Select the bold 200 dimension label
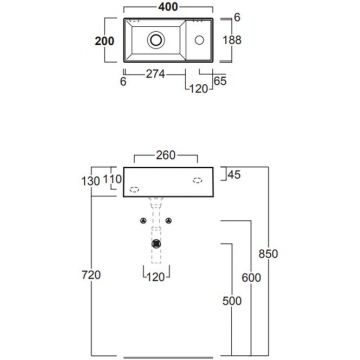pyautogui.click(x=104, y=41)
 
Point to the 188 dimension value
pyautogui.click(x=232, y=40)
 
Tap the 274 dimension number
pyautogui.click(x=155, y=74)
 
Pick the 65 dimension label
pyautogui.click(x=221, y=81)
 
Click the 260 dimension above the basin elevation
pyautogui.click(x=166, y=155)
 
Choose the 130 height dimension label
pyautogui.click(x=91, y=181)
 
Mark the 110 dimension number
pyautogui.click(x=112, y=180)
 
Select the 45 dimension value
pyautogui.click(x=234, y=175)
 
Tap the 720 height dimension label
pyautogui.click(x=91, y=275)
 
